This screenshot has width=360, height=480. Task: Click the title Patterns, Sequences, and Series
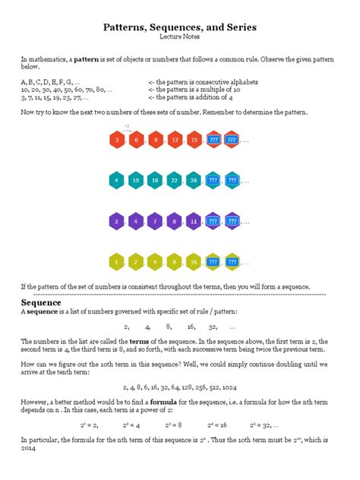coord(180,27)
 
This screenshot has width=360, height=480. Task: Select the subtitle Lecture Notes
coord(180,36)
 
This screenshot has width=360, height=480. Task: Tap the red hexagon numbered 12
coord(174,141)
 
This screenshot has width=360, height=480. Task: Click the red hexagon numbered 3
coord(116,141)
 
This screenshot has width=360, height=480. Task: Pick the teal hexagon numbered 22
coord(174,181)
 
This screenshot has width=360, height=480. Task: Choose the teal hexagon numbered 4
coord(116,181)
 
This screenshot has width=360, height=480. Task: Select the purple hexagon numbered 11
coord(193,222)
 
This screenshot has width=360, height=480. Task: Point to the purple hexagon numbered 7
coord(154,222)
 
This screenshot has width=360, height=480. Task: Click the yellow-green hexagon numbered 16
coord(193,262)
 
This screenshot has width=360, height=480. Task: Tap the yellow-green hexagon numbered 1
coord(116,262)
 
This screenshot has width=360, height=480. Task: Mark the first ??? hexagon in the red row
coord(213,141)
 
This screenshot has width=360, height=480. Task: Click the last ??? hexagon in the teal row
coord(232,181)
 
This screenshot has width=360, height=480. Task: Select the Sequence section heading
coord(43,302)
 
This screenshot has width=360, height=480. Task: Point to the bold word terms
coord(139,341)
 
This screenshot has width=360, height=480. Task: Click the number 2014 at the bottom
coord(29,447)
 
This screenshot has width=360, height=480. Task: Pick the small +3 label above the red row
coord(127,125)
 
